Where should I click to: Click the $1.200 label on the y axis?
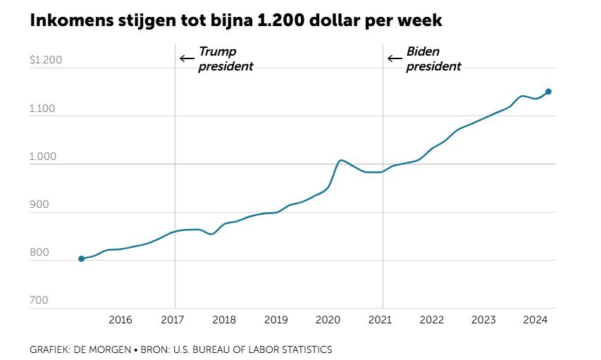pyautogui.click(x=46, y=60)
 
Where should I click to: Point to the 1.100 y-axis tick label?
pyautogui.click(x=46, y=108)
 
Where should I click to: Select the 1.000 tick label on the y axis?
pyautogui.click(x=46, y=156)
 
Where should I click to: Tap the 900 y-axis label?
pyautogui.click(x=39, y=204)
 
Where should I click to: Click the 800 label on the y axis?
pyautogui.click(x=39, y=252)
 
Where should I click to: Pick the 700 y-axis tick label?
pyautogui.click(x=39, y=301)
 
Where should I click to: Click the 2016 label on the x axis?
pyautogui.click(x=121, y=320)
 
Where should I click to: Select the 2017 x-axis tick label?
pyautogui.click(x=173, y=320)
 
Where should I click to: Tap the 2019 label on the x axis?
pyautogui.click(x=276, y=320)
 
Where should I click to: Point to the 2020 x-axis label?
pyautogui.click(x=328, y=320)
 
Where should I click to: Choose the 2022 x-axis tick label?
pyautogui.click(x=431, y=320)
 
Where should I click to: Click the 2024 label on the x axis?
pyautogui.click(x=535, y=320)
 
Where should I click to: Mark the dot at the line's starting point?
pyautogui.click(x=81, y=259)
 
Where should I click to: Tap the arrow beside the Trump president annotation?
pyautogui.click(x=187, y=58)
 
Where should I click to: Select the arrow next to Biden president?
pyautogui.click(x=395, y=58)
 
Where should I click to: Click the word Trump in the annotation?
pyautogui.click(x=217, y=51)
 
